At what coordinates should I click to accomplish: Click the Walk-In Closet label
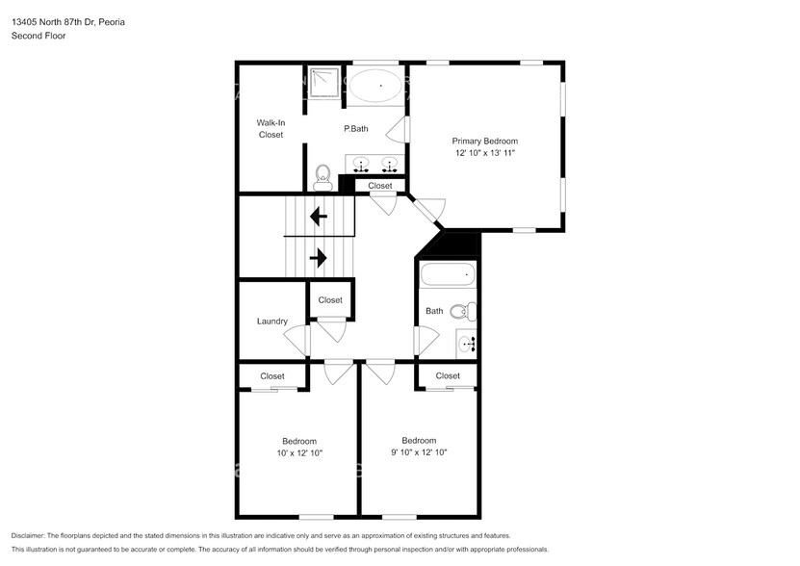(271, 129)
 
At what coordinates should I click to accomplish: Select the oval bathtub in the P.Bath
(376, 87)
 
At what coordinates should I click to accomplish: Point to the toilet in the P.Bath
(323, 176)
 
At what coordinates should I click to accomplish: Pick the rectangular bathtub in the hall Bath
(448, 276)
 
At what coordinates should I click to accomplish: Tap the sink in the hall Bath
(466, 343)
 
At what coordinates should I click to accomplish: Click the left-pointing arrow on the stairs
(319, 218)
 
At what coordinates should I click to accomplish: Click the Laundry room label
(271, 322)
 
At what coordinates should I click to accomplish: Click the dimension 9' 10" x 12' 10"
(419, 452)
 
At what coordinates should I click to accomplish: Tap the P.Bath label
(356, 129)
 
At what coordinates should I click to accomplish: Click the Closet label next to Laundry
(330, 300)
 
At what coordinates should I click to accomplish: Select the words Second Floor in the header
(38, 36)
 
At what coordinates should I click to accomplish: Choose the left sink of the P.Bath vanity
(359, 163)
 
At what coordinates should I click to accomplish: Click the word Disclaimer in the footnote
(31, 535)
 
